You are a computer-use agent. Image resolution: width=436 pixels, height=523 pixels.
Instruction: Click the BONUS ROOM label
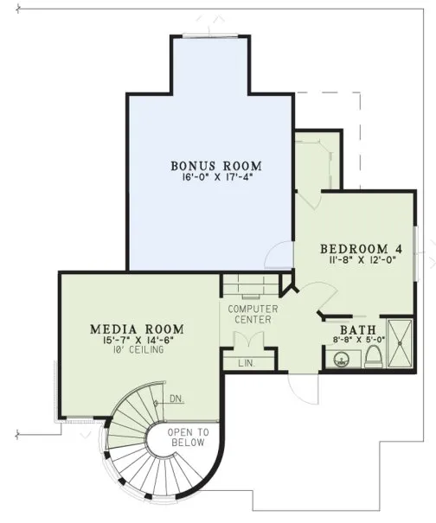pyautogui.click(x=215, y=165)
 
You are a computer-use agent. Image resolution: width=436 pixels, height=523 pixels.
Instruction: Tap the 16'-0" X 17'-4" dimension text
pyautogui.click(x=215, y=177)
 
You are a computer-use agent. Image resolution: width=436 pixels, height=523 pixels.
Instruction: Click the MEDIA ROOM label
pyautogui.click(x=136, y=329)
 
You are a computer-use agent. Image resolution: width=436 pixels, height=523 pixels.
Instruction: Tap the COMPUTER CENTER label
pyautogui.click(x=252, y=314)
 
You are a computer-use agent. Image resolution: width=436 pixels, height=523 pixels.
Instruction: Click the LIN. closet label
pyautogui.click(x=247, y=364)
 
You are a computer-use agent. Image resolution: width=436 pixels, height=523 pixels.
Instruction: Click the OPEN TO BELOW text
pyautogui.click(x=189, y=437)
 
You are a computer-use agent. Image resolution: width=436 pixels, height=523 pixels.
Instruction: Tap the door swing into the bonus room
pyautogui.click(x=277, y=257)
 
